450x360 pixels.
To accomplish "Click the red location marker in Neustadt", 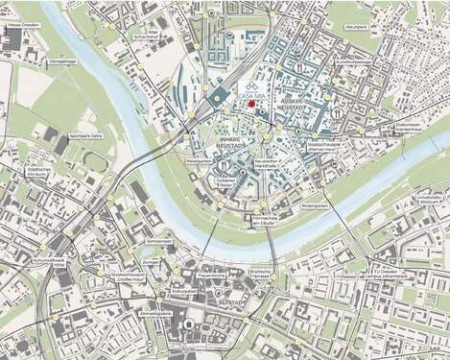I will (x=251, y=103).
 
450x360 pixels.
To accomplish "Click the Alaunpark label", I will (x=357, y=27).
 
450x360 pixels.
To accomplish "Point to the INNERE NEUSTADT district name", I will (x=228, y=144).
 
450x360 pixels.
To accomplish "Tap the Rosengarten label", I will (x=343, y=204).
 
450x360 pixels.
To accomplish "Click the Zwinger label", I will (x=152, y=261).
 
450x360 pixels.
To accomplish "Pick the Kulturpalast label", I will (x=183, y=289).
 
